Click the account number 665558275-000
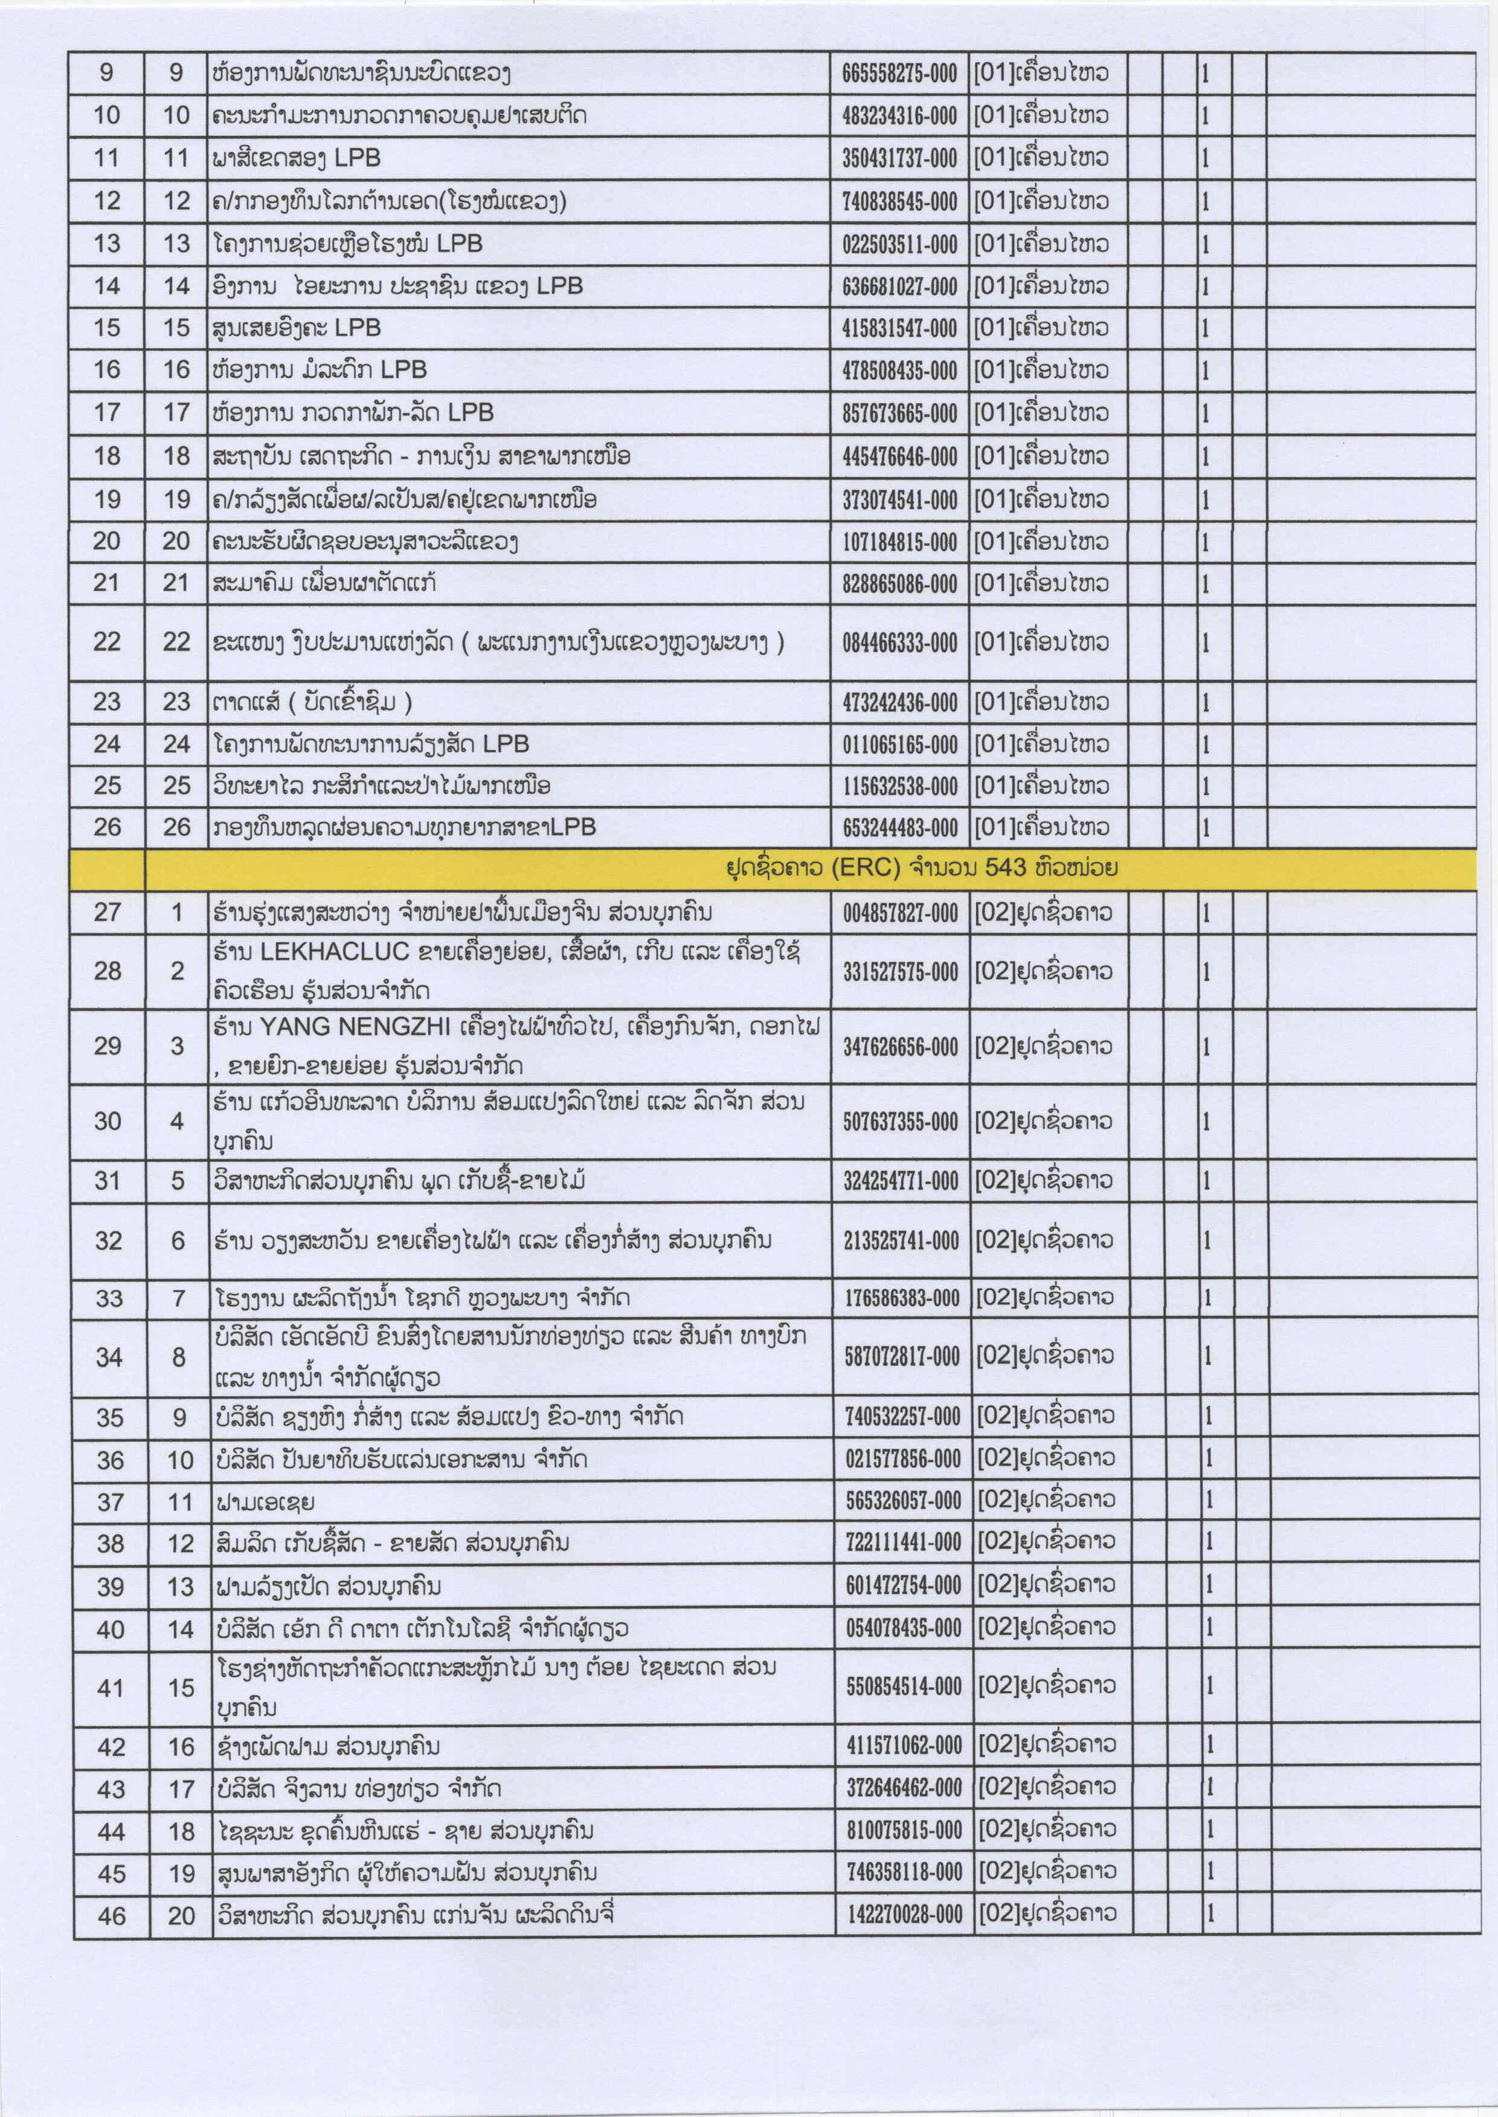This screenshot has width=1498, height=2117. click(899, 74)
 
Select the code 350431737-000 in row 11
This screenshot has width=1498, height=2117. click(899, 159)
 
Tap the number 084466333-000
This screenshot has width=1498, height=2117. click(899, 643)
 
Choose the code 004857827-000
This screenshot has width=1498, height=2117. click(900, 913)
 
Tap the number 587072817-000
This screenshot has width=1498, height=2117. click(902, 1356)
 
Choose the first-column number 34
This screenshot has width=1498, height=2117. click(109, 1357)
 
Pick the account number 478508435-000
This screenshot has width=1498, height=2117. click(899, 371)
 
